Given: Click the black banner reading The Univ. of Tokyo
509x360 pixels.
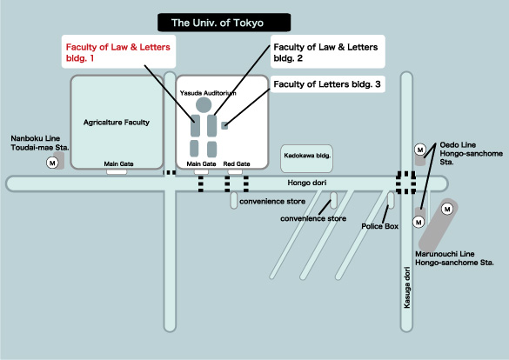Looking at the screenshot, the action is (x=224, y=23).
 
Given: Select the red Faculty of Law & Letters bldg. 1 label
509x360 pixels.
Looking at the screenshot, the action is (x=118, y=52).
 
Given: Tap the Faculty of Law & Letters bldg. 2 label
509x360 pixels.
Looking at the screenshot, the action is (x=325, y=52).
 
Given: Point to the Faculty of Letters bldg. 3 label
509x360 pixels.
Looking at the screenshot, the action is (x=327, y=84).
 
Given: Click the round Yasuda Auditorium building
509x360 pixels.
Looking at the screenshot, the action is (x=204, y=104).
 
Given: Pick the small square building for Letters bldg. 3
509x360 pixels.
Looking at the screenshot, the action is (x=224, y=125).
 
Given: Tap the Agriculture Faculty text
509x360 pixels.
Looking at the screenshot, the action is (x=117, y=123).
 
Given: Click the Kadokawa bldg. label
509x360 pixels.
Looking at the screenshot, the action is (x=307, y=156).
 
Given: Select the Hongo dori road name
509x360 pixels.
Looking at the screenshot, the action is (x=307, y=183).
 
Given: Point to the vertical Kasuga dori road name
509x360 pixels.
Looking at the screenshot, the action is (x=406, y=287).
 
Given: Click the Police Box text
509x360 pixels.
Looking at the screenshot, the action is (x=380, y=226).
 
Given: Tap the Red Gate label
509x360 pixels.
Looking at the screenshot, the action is (x=237, y=163).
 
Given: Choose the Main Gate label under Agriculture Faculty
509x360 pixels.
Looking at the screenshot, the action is (x=119, y=163).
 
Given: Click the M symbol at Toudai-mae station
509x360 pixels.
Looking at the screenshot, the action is (x=52, y=163).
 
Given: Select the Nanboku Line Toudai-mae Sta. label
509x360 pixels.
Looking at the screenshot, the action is (x=40, y=143).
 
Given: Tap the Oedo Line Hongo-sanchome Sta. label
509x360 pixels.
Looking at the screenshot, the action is (x=471, y=153).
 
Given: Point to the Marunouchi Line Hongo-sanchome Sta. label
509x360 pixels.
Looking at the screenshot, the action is (x=454, y=258).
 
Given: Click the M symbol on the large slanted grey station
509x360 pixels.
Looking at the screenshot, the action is (x=447, y=209).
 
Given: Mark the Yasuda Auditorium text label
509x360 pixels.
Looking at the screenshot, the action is (x=208, y=93).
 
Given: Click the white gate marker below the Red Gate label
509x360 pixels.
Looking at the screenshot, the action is (x=235, y=172).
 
